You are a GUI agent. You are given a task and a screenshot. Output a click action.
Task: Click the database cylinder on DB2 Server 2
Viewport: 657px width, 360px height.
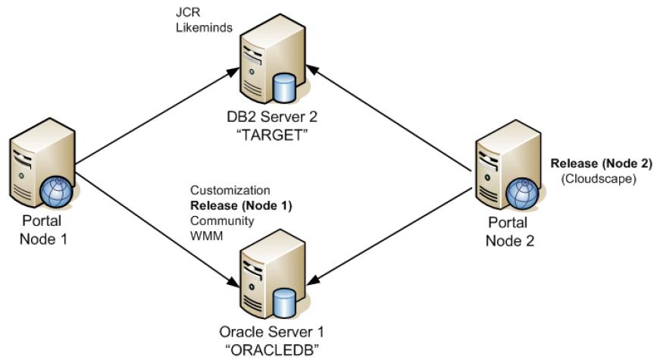pos(284,88)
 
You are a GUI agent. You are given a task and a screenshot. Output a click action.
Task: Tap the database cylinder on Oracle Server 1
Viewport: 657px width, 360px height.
pos(284,303)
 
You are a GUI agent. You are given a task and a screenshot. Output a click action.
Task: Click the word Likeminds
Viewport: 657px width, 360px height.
pos(204,27)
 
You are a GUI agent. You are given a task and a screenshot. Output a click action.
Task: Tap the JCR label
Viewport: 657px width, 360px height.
pos(188,12)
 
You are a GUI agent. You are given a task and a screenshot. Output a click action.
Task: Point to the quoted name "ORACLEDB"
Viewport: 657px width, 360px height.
pos(272,349)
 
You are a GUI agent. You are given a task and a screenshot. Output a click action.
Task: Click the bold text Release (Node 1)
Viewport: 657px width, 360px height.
pos(241,206)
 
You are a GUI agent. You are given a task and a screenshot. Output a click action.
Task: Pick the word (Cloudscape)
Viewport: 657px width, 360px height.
pos(599,179)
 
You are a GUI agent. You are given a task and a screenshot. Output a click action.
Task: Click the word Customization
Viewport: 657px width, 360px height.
pos(230,190)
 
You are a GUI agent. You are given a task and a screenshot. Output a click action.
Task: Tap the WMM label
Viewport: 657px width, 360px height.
pos(207,236)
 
